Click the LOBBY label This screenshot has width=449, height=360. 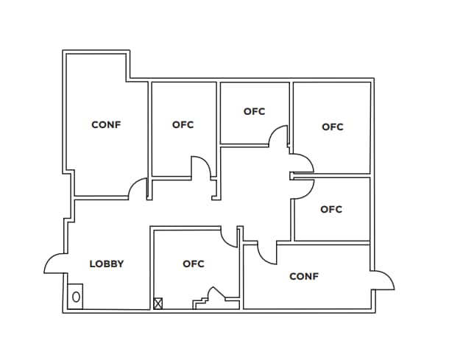click(x=106, y=264)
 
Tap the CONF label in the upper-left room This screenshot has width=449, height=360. click(x=106, y=124)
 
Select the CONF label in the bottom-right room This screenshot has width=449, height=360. click(x=304, y=277)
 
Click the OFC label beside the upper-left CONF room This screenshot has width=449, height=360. click(x=183, y=124)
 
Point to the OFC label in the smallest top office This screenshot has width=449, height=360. click(x=254, y=112)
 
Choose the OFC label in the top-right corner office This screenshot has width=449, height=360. click(x=333, y=127)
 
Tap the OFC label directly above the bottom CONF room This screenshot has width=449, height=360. click(x=331, y=209)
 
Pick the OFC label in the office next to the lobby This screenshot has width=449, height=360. click(x=194, y=264)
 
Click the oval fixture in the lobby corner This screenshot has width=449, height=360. click(x=76, y=297)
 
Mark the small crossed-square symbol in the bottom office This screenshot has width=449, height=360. click(x=158, y=303)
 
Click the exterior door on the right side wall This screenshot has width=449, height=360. click(x=383, y=280)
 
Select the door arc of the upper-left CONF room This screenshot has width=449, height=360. click(x=138, y=189)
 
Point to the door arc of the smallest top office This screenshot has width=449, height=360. click(x=279, y=135)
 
